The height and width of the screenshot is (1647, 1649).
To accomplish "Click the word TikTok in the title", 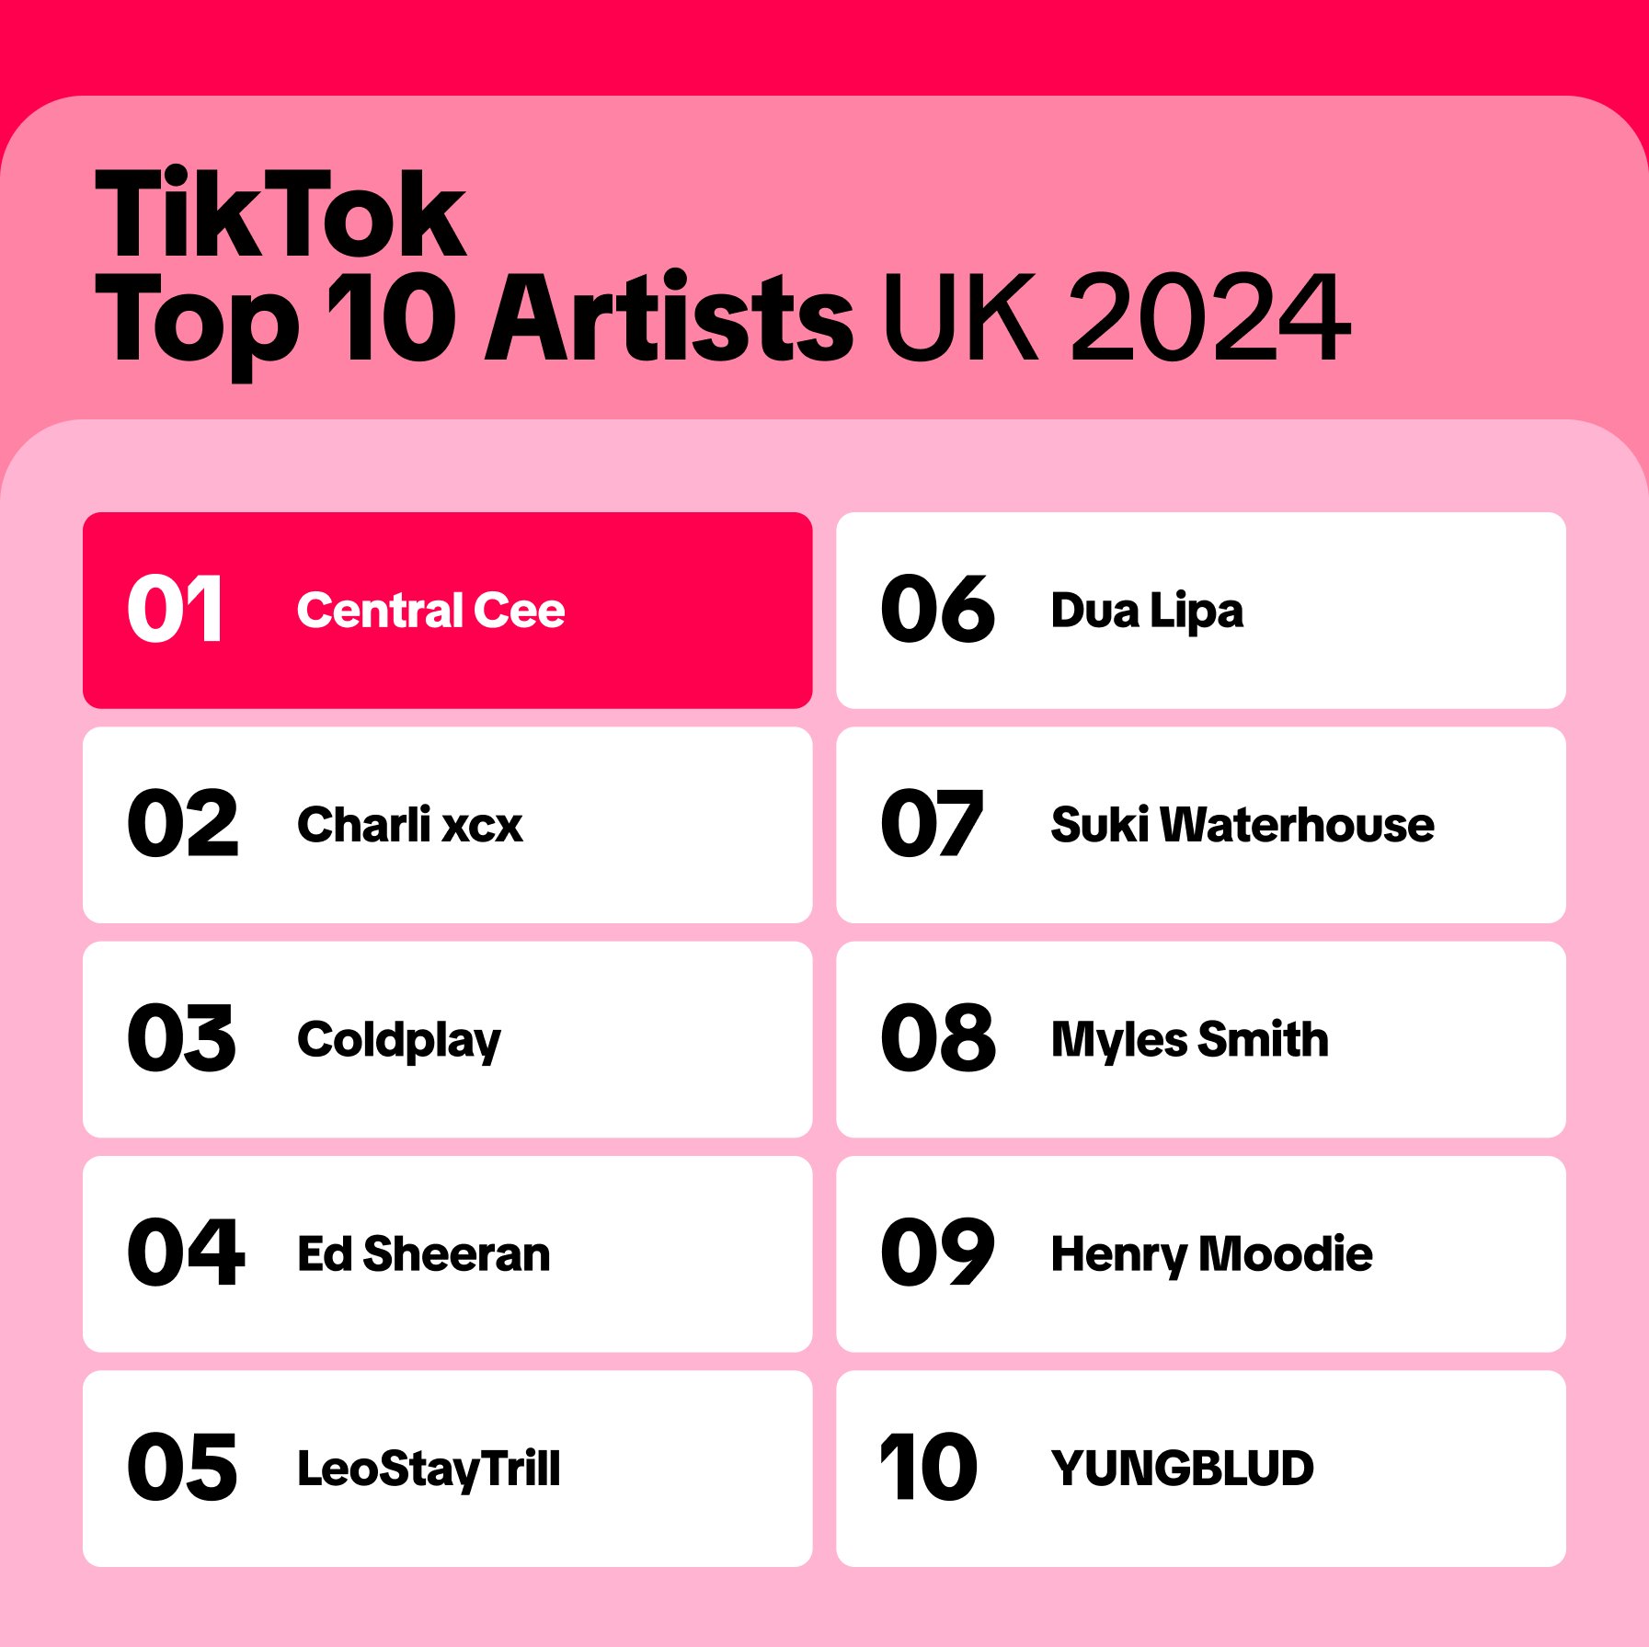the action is [x=281, y=213].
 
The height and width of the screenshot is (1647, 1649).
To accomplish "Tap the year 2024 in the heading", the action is [x=1210, y=317].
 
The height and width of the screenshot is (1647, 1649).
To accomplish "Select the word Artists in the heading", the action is [x=670, y=317].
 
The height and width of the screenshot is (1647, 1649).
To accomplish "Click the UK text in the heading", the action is [x=960, y=317].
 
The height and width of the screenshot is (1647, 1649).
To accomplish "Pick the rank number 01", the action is [x=175, y=609].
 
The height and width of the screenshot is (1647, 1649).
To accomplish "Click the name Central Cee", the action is [x=430, y=611].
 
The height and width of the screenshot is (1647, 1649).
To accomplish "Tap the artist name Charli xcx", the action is [x=409, y=824].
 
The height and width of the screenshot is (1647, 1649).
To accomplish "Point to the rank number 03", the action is [x=182, y=1038].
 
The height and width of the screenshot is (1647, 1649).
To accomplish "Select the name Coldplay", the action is [x=399, y=1040].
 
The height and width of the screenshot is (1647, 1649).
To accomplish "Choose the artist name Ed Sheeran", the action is [x=424, y=1253].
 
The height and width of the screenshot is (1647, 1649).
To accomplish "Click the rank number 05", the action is [x=182, y=1468].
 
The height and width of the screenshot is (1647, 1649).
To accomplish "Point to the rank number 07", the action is [x=932, y=824].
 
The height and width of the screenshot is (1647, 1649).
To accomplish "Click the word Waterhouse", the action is [x=1297, y=824].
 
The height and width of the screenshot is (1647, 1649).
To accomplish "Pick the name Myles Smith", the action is [x=1190, y=1040].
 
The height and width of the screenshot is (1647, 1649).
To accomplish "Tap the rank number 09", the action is [x=937, y=1252].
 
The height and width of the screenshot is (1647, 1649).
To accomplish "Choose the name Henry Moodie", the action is [x=1212, y=1254].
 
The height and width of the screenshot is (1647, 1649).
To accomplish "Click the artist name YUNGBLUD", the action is [x=1183, y=1469].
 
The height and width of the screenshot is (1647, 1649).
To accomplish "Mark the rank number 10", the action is [x=929, y=1468].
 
